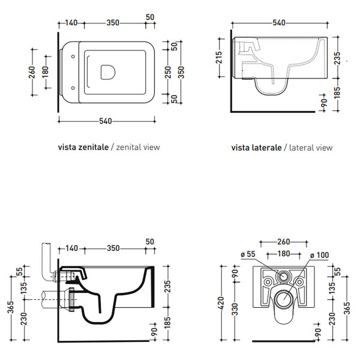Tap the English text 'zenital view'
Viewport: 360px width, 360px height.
[139, 146]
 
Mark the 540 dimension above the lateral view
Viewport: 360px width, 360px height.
[280, 23]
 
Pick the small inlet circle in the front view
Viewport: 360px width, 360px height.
[283, 278]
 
